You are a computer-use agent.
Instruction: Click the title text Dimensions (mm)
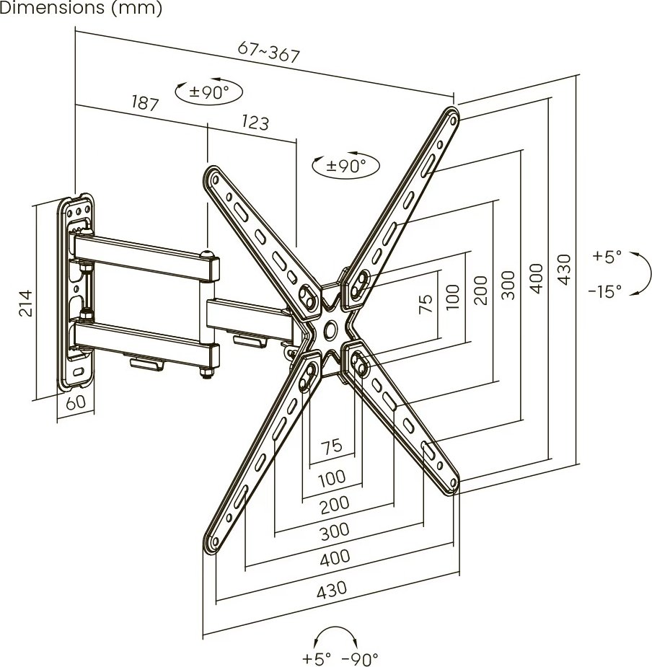coord(81,8)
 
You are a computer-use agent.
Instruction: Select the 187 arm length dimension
coord(145,103)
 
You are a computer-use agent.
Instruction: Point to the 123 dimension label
coord(255,122)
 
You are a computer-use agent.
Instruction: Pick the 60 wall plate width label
coord(76,402)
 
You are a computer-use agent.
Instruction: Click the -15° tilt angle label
coord(605,291)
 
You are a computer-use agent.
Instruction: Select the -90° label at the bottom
coord(360,659)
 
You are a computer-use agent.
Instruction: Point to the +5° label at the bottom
coord(317,659)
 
